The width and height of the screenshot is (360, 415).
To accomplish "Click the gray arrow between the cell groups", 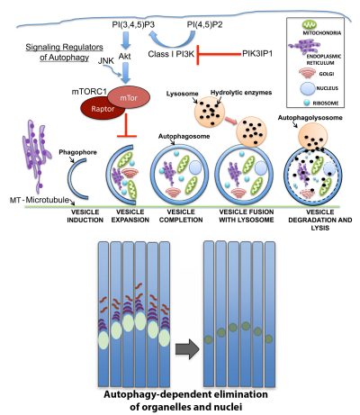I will click(184, 322).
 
